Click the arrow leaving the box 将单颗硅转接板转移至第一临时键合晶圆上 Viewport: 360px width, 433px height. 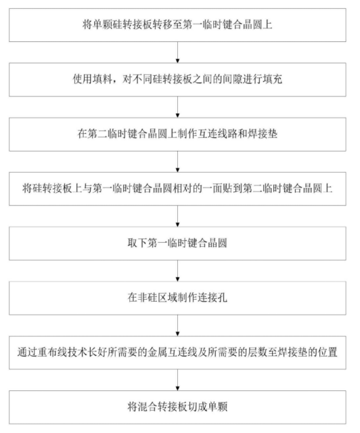[x=178, y=53]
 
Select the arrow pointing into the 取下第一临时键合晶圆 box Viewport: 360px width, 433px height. [x=178, y=216]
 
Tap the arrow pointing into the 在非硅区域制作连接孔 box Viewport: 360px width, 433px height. [x=178, y=271]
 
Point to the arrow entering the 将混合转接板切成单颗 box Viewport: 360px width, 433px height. [x=178, y=380]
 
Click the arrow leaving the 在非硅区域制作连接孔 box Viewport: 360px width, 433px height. [x=178, y=325]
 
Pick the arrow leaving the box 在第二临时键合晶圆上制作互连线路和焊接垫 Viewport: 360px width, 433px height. [x=178, y=162]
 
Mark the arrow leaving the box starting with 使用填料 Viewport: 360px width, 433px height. [x=178, y=107]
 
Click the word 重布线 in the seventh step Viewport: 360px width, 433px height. [x=52, y=352]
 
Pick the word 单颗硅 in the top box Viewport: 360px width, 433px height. [x=107, y=25]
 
